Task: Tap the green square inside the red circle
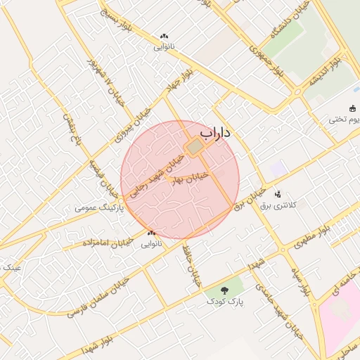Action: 193,147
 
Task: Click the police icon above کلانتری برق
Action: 277,193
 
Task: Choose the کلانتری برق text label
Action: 285,205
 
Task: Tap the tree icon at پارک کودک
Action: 224,290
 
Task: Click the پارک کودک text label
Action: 224,302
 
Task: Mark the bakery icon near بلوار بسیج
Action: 165,37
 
